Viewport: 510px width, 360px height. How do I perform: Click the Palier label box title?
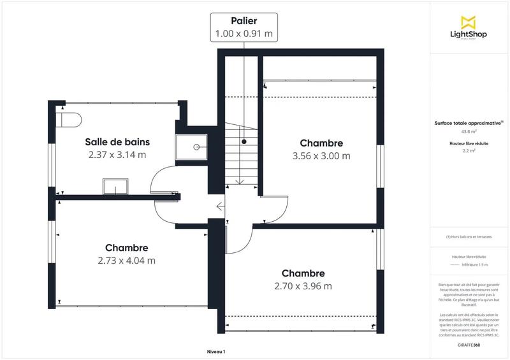(x=244, y=21)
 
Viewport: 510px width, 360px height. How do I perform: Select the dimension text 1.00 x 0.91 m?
(x=244, y=34)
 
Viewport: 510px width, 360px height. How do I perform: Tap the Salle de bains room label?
(x=116, y=141)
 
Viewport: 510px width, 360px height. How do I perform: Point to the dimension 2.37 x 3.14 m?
(x=116, y=154)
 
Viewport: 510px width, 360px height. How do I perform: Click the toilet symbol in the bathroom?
(x=68, y=119)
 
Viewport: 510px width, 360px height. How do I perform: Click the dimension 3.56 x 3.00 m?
(x=321, y=155)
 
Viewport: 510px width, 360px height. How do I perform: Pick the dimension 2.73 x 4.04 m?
(x=127, y=260)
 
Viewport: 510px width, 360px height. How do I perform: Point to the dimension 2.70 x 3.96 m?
(x=303, y=285)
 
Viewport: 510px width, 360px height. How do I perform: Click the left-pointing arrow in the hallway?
(x=220, y=206)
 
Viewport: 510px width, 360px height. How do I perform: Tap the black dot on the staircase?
(x=244, y=141)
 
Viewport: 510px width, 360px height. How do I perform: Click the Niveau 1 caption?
(x=216, y=351)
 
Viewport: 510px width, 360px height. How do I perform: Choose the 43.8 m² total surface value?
(x=469, y=132)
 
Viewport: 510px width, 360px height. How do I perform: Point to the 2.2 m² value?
(x=469, y=152)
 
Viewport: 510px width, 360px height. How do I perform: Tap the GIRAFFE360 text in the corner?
(x=469, y=344)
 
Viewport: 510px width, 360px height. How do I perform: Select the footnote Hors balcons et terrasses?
(x=469, y=236)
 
